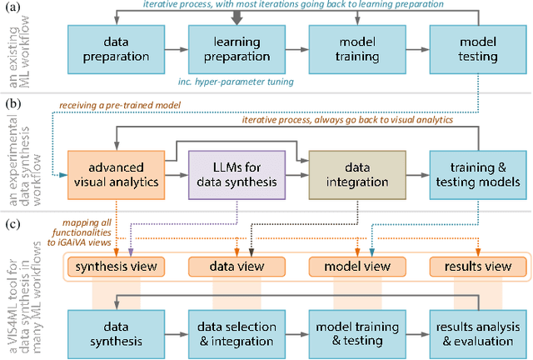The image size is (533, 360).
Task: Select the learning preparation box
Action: (x=231, y=49)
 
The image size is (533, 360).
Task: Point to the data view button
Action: (x=236, y=267)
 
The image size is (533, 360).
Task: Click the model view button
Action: (x=356, y=267)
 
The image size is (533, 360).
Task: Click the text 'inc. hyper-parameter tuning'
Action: (x=236, y=82)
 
